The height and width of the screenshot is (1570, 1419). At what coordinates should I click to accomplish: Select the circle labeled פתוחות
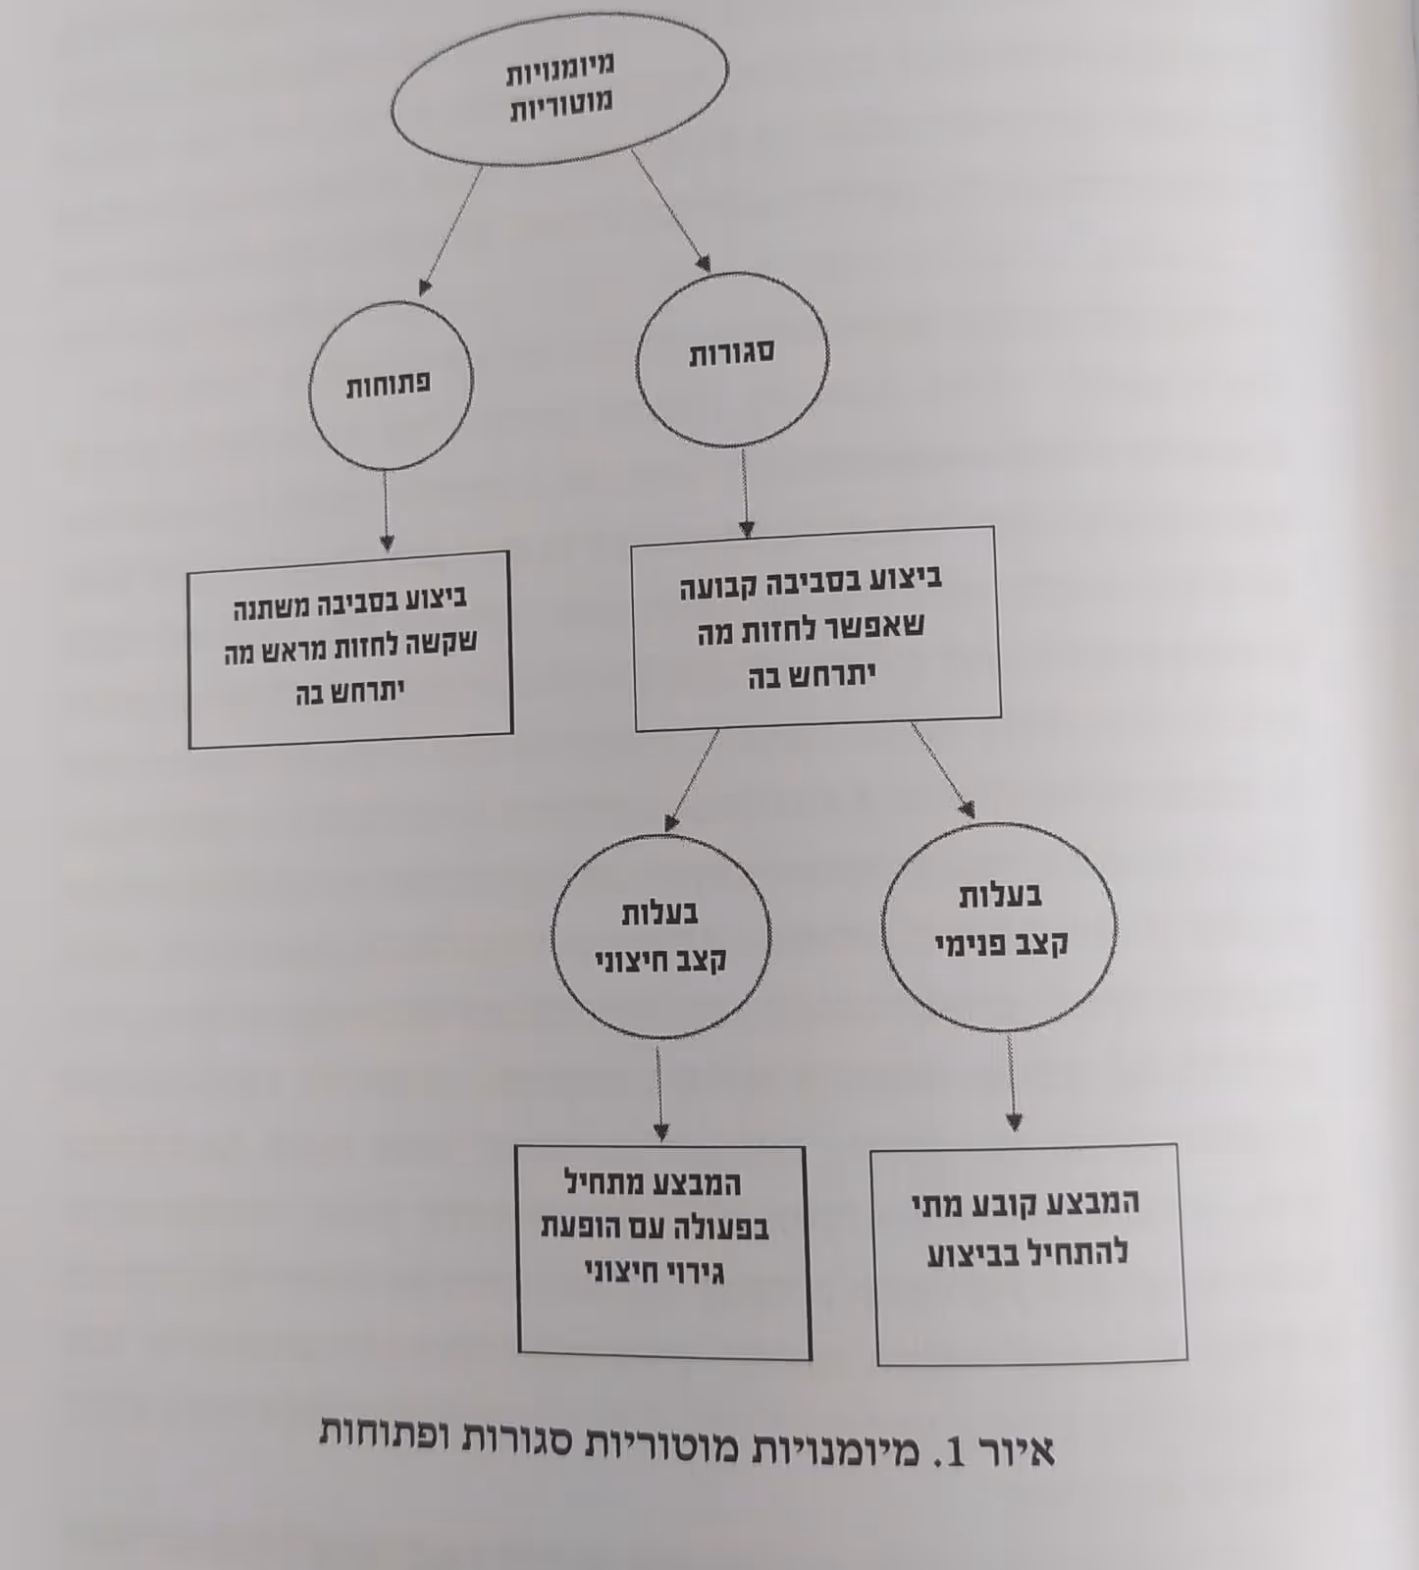pos(390,384)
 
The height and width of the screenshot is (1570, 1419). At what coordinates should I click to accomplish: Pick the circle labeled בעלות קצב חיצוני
pos(660,935)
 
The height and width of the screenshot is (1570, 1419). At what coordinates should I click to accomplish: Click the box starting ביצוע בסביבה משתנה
pos(350,648)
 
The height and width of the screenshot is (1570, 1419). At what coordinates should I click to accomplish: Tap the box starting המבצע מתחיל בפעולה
pos(663,1250)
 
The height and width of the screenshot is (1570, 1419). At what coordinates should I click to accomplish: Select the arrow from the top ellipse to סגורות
pos(669,210)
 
